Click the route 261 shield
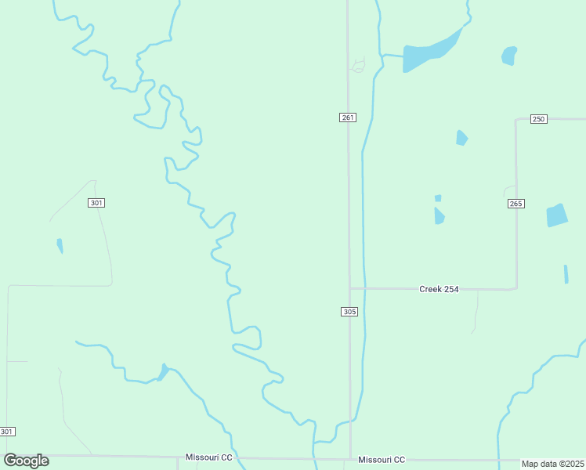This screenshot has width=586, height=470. pos(348,117)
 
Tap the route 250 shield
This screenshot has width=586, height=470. pos(538,118)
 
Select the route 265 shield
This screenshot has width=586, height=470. pos(515,204)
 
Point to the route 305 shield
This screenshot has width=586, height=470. pos(349,312)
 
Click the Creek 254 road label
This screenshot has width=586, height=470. pos(439,289)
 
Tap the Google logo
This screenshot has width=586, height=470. pos(26,461)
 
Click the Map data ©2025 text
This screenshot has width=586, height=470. pos(553,464)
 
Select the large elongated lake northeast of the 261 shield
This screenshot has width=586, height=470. pos(429,52)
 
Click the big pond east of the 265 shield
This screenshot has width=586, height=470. pos(556,215)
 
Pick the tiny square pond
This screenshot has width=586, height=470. pos(438,198)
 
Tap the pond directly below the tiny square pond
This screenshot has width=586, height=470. pos(439,215)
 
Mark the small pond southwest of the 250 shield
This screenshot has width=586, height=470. pos(461,138)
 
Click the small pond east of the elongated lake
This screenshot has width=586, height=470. pos(509,56)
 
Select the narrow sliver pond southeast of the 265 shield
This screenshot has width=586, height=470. pos(566,274)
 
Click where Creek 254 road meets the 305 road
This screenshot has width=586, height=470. pos(349,288)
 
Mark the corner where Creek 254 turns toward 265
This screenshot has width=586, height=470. pos(515,287)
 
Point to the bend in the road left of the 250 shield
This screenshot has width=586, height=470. pos(516,121)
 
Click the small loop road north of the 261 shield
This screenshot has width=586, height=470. pos(359,66)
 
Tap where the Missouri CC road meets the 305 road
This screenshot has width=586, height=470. pos(350,459)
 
